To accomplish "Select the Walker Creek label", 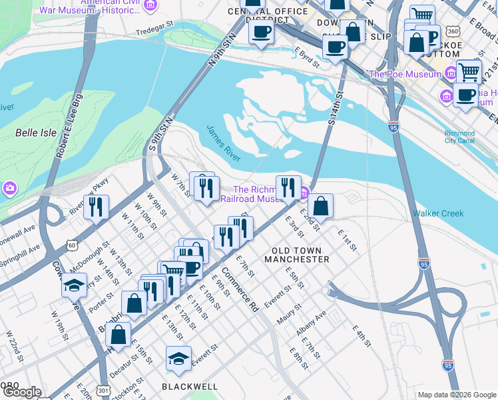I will (x=437, y=213).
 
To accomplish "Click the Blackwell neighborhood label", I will (x=190, y=386).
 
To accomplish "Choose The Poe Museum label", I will (x=403, y=74).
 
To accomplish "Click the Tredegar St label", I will (x=154, y=32).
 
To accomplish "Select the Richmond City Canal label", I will (x=459, y=137).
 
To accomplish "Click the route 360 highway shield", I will (x=452, y=32).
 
